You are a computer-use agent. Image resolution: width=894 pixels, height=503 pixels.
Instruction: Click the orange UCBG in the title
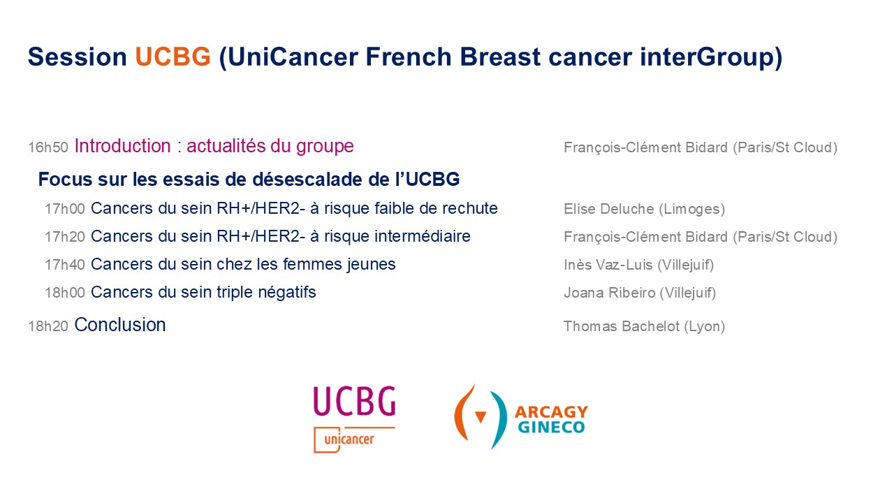173,57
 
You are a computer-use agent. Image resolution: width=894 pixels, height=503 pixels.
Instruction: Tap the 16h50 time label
48,147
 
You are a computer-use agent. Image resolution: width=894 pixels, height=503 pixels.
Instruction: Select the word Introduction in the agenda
122,146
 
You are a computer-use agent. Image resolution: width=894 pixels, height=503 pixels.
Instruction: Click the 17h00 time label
65,209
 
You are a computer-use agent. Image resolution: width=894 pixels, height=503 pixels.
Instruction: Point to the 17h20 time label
65,237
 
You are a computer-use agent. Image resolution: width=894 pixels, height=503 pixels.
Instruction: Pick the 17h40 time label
65,265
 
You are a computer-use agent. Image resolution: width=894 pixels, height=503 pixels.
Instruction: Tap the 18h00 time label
65,293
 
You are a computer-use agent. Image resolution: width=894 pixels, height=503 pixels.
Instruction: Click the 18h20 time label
48,326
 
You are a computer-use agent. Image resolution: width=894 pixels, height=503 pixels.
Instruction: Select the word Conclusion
119,325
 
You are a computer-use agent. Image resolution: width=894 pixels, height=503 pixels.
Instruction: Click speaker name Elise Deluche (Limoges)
644,209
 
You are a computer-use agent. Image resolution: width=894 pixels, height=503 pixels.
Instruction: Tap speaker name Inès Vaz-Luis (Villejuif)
638,265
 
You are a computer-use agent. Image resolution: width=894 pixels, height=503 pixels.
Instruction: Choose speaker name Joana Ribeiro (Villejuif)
640,293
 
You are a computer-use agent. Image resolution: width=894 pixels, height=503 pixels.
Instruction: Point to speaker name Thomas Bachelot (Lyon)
644,326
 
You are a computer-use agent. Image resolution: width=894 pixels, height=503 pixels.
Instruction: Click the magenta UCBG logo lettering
354,401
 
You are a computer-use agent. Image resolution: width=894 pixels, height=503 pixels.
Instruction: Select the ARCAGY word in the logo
552,412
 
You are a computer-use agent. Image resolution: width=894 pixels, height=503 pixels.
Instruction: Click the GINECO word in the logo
551,427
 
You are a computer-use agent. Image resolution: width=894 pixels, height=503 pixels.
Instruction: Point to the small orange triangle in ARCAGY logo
481,417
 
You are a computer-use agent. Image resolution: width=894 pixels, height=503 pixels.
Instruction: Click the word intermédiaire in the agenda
423,236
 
